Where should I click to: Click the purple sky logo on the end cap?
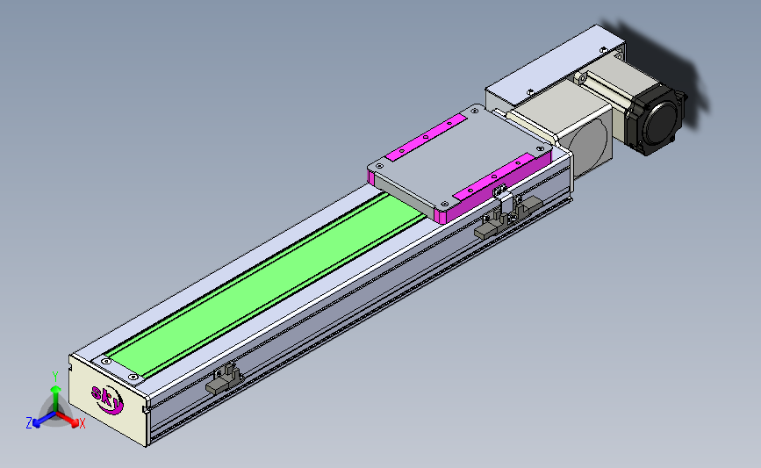coord(108,399)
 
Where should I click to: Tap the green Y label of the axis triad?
coord(55,377)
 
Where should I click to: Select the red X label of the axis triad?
coord(82,423)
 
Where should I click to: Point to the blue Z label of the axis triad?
coord(29,423)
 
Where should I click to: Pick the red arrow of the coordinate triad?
coord(67,419)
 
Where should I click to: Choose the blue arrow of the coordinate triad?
coord(44,419)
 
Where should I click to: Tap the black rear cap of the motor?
coord(655,120)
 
